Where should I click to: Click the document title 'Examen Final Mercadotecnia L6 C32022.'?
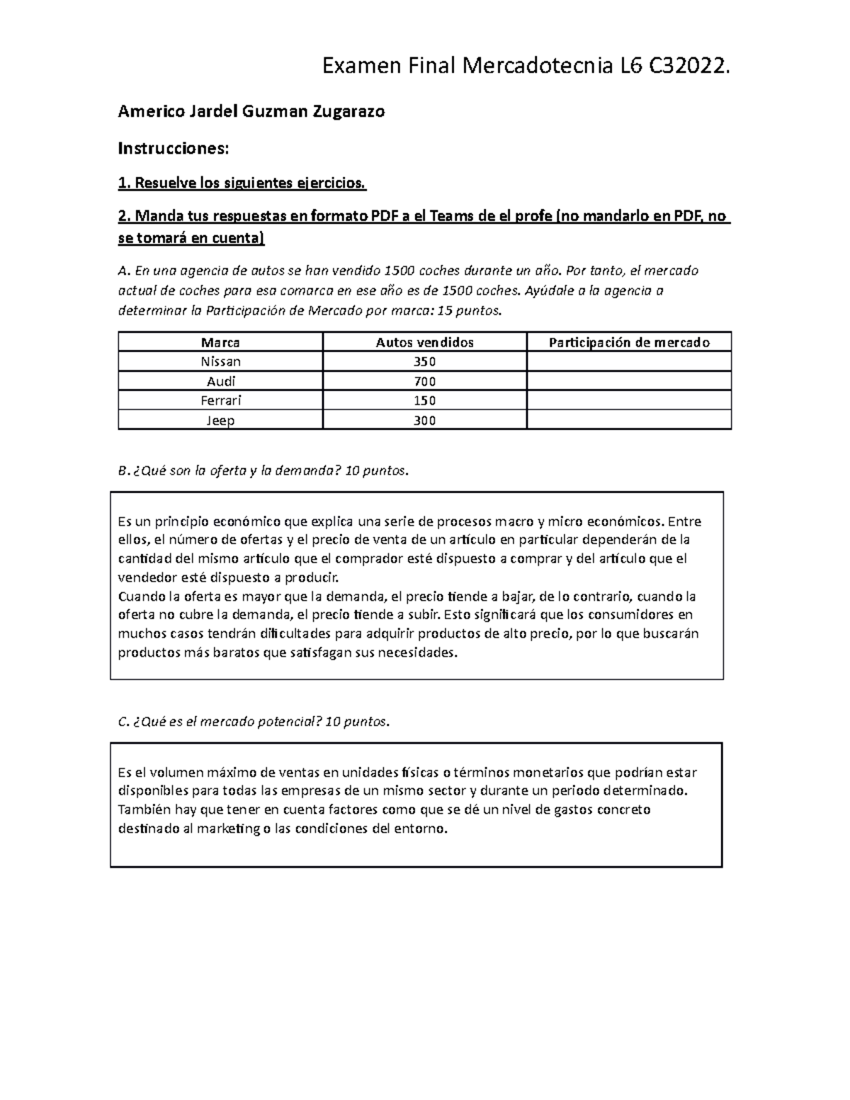pyautogui.click(x=525, y=67)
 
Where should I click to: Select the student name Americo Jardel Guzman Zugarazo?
pyautogui.click(x=251, y=111)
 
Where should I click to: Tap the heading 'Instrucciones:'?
pyautogui.click(x=174, y=148)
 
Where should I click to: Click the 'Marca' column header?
pyautogui.click(x=220, y=342)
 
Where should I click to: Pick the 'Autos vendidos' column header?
pyautogui.click(x=424, y=342)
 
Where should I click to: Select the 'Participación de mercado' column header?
pyautogui.click(x=629, y=342)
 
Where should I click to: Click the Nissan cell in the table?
pyautogui.click(x=220, y=361)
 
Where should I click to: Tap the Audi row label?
pyautogui.click(x=220, y=381)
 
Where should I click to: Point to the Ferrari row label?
pyautogui.click(x=220, y=400)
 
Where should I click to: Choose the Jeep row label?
pyautogui.click(x=220, y=420)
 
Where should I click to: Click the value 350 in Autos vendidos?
pyautogui.click(x=424, y=361)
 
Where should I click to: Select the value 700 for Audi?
pyautogui.click(x=424, y=381)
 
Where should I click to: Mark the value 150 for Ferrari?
pyautogui.click(x=424, y=400)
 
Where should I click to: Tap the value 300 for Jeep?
pyautogui.click(x=424, y=420)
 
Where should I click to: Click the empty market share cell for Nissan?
pyautogui.click(x=629, y=361)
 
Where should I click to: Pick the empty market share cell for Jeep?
pyautogui.click(x=629, y=420)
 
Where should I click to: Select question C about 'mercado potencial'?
pyautogui.click(x=254, y=722)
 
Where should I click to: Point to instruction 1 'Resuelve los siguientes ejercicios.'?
pyautogui.click(x=242, y=183)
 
